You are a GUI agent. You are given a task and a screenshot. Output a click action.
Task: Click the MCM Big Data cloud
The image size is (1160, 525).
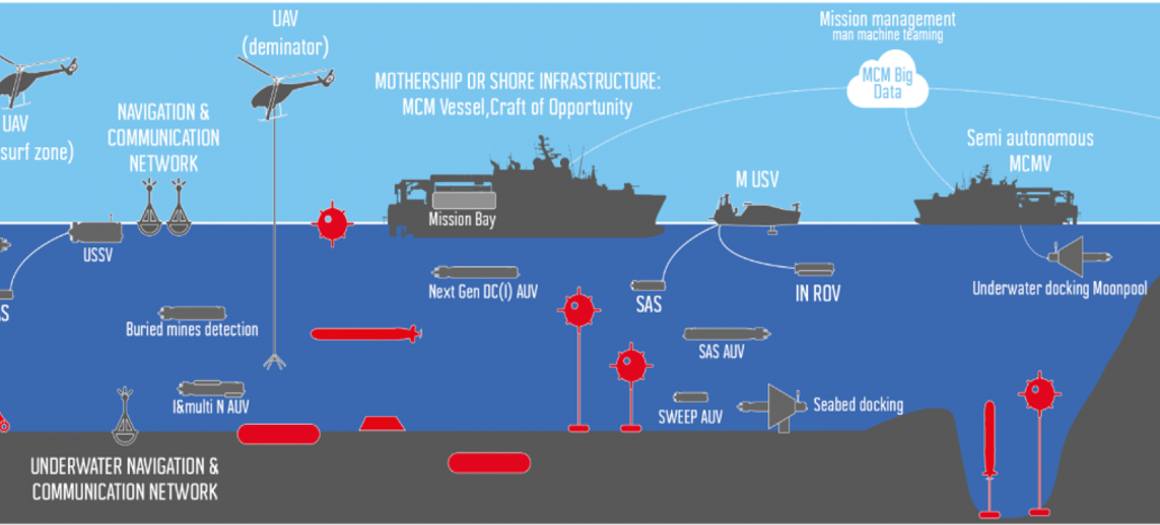point(887,82)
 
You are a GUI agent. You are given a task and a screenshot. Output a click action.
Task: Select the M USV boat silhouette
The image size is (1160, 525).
point(757,212)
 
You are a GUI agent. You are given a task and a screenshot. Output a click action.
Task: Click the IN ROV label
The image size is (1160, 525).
point(817,294)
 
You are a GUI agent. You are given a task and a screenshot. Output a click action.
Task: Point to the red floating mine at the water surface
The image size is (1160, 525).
point(332,223)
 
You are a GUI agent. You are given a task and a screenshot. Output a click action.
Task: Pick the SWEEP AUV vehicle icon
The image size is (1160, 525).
point(690,397)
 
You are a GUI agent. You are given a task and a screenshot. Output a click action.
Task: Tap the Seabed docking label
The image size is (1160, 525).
point(857,405)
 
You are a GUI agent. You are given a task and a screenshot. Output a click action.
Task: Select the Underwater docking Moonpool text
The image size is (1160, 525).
point(1058,289)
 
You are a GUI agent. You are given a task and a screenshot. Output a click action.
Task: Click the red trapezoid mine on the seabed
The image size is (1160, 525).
point(382,423)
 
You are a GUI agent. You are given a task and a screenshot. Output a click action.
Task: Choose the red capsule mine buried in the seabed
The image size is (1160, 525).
point(489,463)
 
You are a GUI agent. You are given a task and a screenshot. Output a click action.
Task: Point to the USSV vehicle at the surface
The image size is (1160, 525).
point(95,232)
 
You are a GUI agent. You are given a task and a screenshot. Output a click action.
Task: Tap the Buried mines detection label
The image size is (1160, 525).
point(192,329)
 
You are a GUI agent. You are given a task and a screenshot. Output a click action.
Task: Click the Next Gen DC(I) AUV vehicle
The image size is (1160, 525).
point(475,273)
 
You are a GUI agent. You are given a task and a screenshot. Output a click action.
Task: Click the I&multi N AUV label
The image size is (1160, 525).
point(210,407)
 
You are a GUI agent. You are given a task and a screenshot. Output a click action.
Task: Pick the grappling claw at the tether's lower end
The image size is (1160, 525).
point(274,360)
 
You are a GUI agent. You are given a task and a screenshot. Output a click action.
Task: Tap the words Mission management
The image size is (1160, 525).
point(887,19)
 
